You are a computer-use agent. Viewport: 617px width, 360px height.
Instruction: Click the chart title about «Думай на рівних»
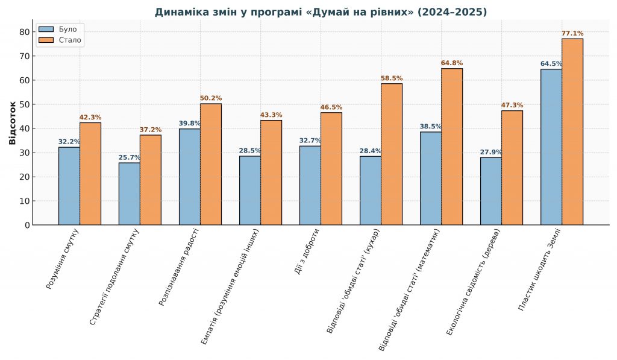click(321, 12)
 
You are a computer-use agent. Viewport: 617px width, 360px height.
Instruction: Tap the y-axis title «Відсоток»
click(13, 122)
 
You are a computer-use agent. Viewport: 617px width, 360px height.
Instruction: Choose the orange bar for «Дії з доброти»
click(331, 168)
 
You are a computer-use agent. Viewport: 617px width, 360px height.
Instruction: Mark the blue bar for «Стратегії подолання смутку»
click(129, 194)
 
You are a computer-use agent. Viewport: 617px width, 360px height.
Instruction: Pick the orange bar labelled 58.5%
click(392, 154)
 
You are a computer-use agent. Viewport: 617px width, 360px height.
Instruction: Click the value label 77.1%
click(572, 34)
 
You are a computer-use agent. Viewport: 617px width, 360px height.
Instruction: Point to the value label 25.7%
click(129, 157)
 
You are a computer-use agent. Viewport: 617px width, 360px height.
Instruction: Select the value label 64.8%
click(452, 63)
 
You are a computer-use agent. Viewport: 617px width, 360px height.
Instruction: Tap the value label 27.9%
click(490, 152)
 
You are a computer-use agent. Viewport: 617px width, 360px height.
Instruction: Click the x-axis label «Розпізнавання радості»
click(180, 267)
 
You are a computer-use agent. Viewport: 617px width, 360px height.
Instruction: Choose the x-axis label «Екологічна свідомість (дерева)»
click(474, 281)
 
